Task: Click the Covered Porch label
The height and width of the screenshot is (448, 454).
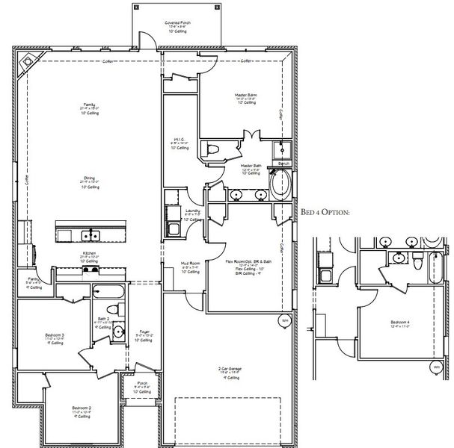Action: coord(177,23)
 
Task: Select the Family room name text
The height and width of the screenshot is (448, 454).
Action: coord(89,104)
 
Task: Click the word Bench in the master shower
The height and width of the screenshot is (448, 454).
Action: coord(283,163)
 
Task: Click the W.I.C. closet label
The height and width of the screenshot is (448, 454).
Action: coord(178,140)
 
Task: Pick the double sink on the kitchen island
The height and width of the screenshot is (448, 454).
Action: coord(91,236)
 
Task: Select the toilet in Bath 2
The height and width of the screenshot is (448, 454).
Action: coord(113,310)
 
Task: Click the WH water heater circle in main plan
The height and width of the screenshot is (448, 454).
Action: coord(284,321)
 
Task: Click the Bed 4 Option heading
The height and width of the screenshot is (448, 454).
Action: coord(325,212)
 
